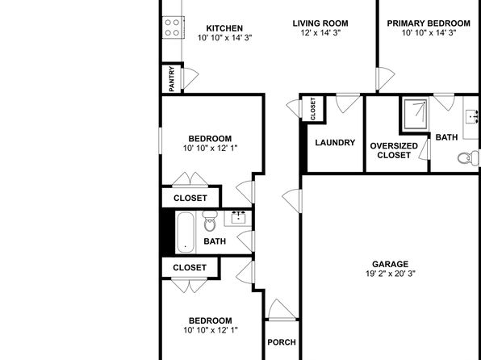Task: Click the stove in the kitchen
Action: [174, 27]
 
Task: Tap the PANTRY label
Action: [172, 79]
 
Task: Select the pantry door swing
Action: [190, 78]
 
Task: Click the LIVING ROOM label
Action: [320, 23]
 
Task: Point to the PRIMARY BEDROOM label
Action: [429, 23]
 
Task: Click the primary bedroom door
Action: [385, 78]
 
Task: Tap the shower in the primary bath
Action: [416, 114]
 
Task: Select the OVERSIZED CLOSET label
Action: [394, 150]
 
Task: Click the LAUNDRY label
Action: [335, 143]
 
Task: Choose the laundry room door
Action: [348, 103]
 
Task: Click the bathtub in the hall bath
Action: [186, 232]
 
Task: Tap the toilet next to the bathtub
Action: [210, 221]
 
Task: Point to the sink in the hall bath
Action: [238, 218]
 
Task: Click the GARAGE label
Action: [390, 264]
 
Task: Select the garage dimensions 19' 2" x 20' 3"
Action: [390, 274]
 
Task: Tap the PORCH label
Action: [282, 342]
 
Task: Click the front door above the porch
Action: [282, 310]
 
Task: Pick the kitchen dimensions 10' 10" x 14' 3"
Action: [224, 38]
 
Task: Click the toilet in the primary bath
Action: [468, 157]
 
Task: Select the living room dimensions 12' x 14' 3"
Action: [320, 33]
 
